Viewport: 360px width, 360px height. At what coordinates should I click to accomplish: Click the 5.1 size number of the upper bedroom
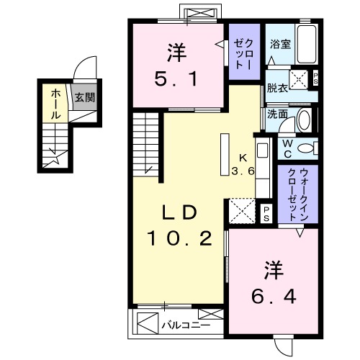(176, 76)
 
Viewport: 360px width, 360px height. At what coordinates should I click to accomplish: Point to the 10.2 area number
(180, 238)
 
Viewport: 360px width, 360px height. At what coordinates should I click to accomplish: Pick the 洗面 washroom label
(276, 113)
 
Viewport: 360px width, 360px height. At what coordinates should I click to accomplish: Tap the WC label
(287, 148)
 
